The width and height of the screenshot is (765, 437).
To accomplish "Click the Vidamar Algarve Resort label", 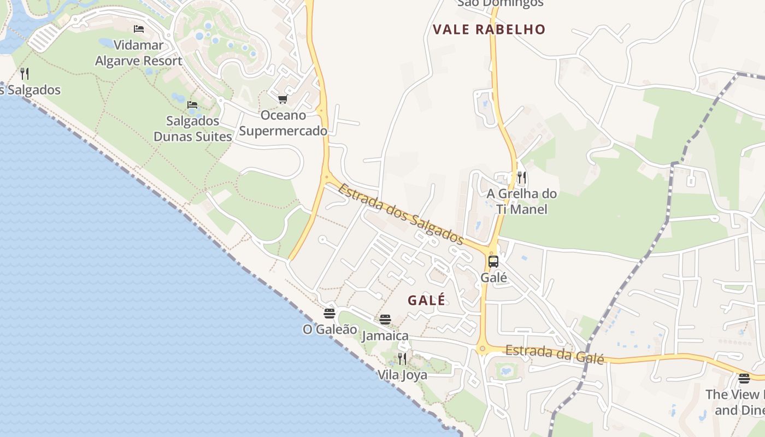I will click(x=139, y=52).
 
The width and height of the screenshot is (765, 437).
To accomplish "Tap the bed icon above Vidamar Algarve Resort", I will click(x=139, y=29).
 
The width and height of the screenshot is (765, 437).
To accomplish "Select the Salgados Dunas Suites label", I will click(x=193, y=128).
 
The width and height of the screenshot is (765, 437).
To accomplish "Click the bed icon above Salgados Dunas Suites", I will click(x=192, y=104).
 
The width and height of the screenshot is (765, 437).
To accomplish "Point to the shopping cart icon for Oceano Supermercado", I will click(x=283, y=99).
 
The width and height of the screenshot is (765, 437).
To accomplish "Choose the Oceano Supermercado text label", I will click(x=283, y=123).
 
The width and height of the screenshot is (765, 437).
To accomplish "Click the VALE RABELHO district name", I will click(x=489, y=29).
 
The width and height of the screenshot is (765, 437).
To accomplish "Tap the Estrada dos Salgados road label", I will click(x=401, y=214).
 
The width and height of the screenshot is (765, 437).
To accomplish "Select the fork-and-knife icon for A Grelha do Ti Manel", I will click(x=522, y=177).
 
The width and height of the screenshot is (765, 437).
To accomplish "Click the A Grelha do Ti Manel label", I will click(x=522, y=201).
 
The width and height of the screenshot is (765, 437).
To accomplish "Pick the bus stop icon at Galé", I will click(x=493, y=261).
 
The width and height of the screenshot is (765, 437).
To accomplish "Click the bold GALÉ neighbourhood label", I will click(x=427, y=300).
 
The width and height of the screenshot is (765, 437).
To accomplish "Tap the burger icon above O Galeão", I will click(x=329, y=313).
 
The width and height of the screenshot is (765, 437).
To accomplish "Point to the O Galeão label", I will click(x=330, y=329).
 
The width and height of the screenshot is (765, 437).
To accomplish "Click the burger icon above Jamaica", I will click(x=385, y=319).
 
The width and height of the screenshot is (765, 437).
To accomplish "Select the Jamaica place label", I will click(x=385, y=335).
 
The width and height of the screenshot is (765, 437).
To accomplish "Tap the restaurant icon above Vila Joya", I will click(x=402, y=359).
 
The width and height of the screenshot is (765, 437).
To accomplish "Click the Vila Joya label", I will click(x=403, y=375).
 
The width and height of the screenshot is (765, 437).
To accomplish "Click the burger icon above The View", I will click(x=744, y=378).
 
